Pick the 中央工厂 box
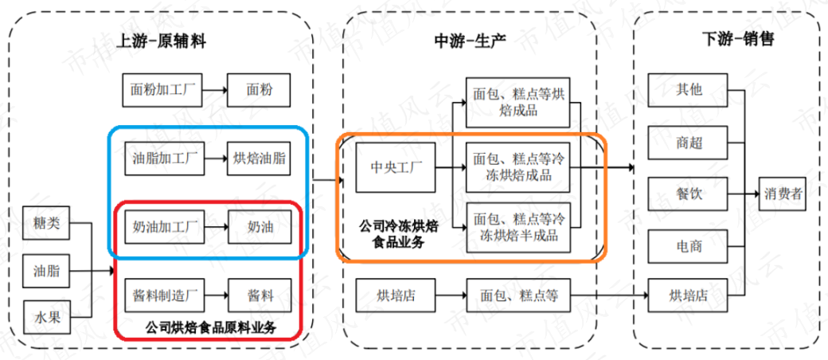coord(396,168)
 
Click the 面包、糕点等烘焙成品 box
coord(518,103)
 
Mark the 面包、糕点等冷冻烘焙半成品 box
coord(518,227)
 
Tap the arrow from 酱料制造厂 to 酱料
coord(215,295)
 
